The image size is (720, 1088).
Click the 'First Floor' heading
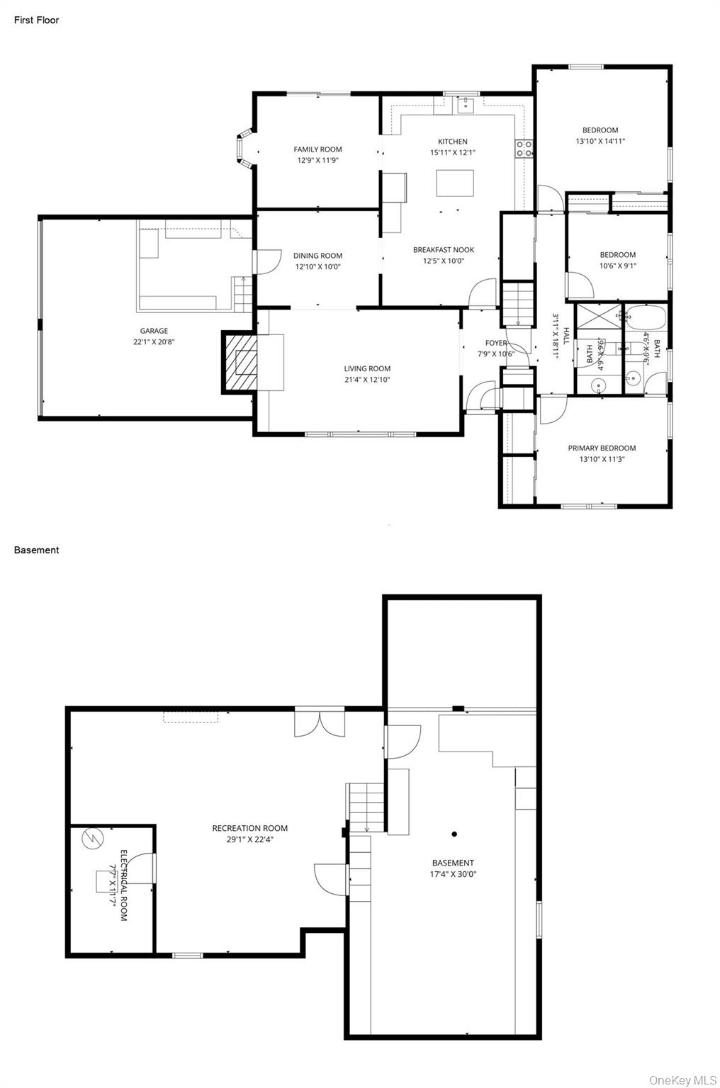point(36,20)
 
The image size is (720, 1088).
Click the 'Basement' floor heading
point(36,550)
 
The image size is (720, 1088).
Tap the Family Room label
point(317,149)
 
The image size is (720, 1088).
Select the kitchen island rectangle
point(454,183)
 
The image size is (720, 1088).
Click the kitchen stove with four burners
point(524,148)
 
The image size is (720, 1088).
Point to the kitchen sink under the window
point(465,106)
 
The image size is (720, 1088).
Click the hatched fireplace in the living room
point(241,361)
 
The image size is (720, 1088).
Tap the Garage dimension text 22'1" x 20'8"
point(154,341)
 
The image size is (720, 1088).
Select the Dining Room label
point(317,256)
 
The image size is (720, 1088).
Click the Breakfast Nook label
point(444,249)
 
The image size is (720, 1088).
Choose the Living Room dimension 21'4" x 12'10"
point(367,380)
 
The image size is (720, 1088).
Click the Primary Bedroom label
point(602,448)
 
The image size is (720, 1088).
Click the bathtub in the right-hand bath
point(646,316)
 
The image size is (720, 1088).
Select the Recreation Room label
point(249,828)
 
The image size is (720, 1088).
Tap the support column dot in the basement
point(454,834)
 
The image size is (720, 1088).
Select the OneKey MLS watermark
point(683,1079)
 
